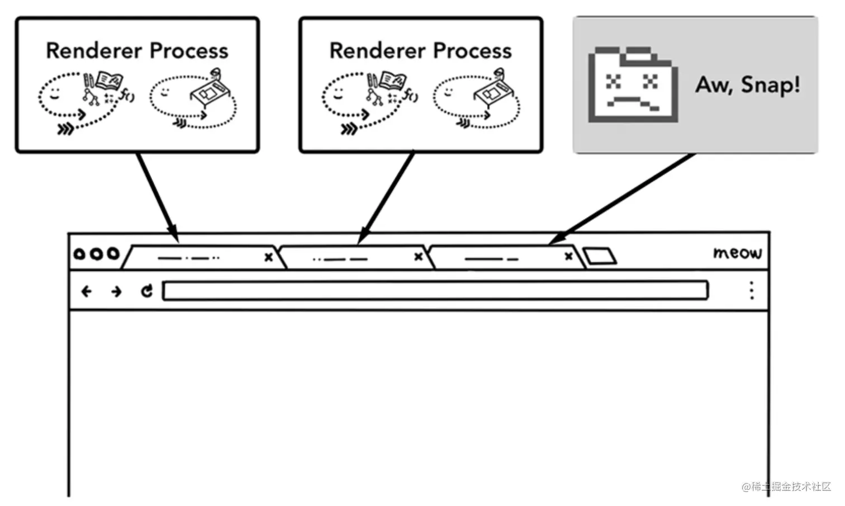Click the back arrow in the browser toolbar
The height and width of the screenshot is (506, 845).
pyautogui.click(x=86, y=291)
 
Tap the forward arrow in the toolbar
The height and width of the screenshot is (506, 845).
pyautogui.click(x=116, y=291)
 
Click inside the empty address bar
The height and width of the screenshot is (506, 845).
pyautogui.click(x=435, y=291)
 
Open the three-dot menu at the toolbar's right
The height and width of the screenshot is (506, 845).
pyautogui.click(x=752, y=290)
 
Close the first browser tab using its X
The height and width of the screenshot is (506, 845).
pyautogui.click(x=268, y=257)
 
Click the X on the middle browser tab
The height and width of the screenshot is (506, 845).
pyautogui.click(x=418, y=257)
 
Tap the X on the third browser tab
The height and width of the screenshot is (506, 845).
pyautogui.click(x=568, y=257)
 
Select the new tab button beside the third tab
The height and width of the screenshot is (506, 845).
pyautogui.click(x=599, y=256)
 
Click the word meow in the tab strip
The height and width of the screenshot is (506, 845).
pyautogui.click(x=737, y=253)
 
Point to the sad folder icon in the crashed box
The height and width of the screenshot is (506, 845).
pyautogui.click(x=633, y=85)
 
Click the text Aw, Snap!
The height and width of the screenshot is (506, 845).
pyautogui.click(x=748, y=85)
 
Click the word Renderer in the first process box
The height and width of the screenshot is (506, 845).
pyautogui.click(x=94, y=51)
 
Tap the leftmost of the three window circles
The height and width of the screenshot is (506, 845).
pyautogui.click(x=79, y=254)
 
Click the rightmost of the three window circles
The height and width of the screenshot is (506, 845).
pyautogui.click(x=113, y=254)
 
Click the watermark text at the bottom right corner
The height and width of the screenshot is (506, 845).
pyautogui.click(x=786, y=486)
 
